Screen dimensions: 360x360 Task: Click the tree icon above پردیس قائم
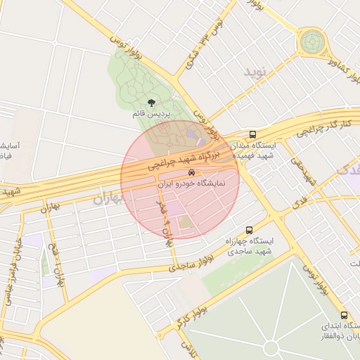(152, 103)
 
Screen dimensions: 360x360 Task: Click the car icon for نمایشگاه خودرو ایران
(191, 173)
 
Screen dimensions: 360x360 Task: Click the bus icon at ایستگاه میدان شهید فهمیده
(252, 134)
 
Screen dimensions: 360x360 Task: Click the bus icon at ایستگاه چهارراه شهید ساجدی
(249, 230)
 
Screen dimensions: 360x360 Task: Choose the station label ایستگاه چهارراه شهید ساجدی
(249, 245)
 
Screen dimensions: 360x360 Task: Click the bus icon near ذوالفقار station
(344, 316)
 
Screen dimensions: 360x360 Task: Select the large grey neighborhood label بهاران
(108, 199)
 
